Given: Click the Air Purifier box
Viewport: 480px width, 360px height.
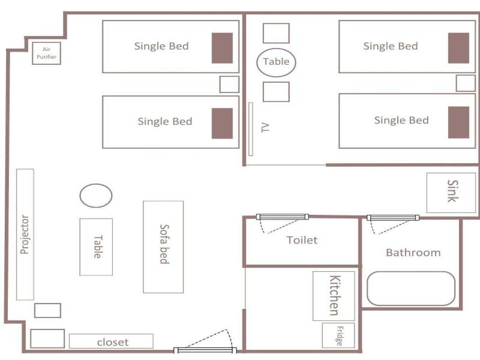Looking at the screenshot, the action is coord(47,53).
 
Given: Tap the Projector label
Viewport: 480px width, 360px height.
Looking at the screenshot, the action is coord(25,235).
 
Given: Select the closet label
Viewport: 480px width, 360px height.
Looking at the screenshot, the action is coord(113,342).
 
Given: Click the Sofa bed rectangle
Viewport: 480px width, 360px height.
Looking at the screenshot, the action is coord(163,247).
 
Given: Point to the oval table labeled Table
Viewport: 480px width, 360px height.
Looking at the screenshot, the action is coord(276,62).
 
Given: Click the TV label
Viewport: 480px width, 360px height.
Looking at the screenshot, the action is coord(265,128).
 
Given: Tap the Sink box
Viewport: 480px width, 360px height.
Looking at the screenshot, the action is coord(451,193).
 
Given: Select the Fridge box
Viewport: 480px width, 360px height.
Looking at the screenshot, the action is coord(338,335).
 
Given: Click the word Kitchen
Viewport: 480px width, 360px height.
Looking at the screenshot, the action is coord(335,295).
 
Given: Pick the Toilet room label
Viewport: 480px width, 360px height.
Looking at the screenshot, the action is coord(302,240).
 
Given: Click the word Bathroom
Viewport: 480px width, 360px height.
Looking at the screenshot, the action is coord(413,253).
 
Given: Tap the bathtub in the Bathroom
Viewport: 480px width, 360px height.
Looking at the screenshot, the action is coord(411,289).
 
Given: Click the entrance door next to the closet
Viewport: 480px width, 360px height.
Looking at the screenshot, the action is coord(205,350).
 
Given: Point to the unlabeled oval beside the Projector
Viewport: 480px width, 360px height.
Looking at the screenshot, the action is coord(96,196).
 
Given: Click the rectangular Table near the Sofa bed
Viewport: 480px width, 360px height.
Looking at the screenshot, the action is coord(96,247).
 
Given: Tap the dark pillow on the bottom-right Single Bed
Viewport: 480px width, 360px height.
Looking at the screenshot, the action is coord(458,122).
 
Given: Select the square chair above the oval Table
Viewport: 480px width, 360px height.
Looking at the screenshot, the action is coord(276,33).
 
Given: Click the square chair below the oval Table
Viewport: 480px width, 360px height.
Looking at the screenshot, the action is coord(276,92).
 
